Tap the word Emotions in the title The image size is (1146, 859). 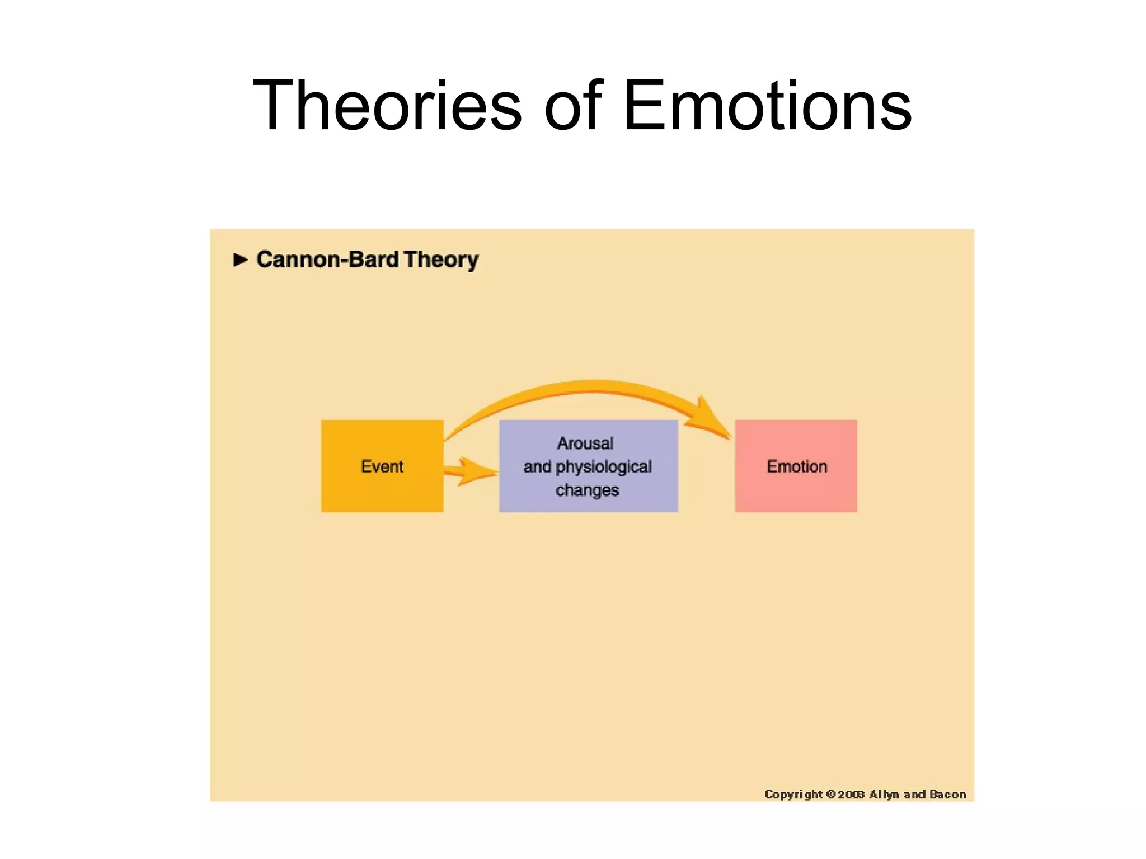coord(767,105)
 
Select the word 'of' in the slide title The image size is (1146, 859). coord(572,105)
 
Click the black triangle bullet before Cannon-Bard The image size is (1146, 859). coord(240,259)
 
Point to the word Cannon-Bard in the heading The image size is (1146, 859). coord(327,259)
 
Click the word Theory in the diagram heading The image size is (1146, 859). coord(441,260)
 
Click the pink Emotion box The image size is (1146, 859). coord(796,492)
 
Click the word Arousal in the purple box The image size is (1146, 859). coord(585,443)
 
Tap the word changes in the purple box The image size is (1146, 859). coord(587,490)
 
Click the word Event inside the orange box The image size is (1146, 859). coord(382,466)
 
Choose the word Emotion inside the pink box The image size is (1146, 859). coord(796,466)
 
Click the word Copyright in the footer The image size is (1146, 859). coord(793,794)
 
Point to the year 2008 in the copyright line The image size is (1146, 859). coord(851,794)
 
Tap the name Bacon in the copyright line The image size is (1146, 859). coord(947,794)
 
